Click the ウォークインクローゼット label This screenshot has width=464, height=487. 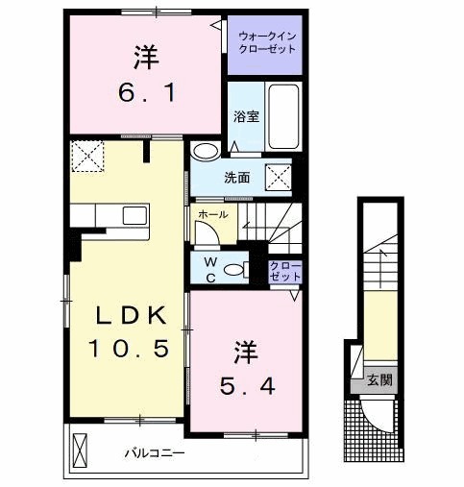[265, 43]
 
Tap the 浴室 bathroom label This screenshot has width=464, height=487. [247, 117]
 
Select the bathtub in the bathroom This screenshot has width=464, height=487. [283, 115]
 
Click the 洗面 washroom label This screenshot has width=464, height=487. [237, 178]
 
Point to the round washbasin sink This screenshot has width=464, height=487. [205, 152]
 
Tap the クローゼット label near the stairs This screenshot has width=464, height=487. [285, 270]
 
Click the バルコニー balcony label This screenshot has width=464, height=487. [154, 452]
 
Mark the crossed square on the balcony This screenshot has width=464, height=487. [80, 449]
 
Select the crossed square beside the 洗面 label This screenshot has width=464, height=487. [280, 177]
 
